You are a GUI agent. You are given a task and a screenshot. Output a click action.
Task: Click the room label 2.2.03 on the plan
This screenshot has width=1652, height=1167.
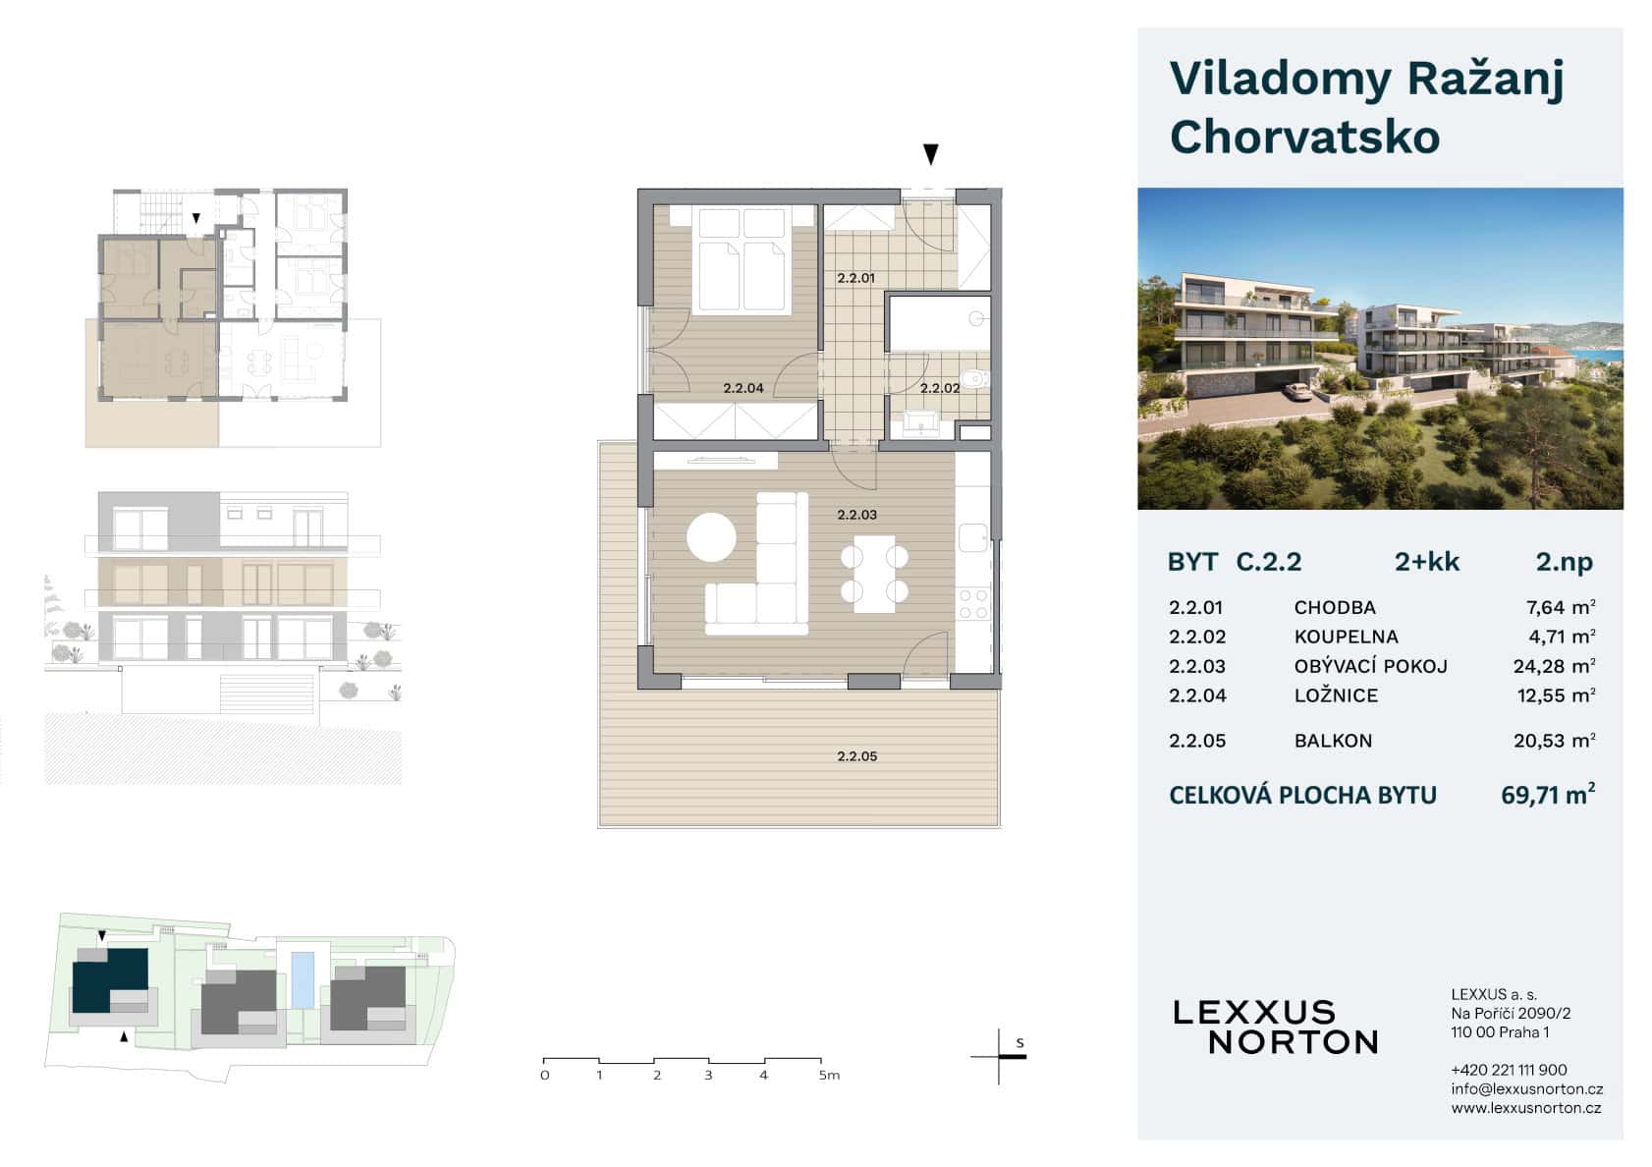coord(856,515)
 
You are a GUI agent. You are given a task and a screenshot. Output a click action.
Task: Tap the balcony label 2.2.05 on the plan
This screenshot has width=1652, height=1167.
coord(856,756)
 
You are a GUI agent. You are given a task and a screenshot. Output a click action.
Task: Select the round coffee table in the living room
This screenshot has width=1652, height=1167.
coord(711,537)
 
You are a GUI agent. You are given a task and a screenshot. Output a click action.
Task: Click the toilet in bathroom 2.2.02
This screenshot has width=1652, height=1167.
coord(975,377)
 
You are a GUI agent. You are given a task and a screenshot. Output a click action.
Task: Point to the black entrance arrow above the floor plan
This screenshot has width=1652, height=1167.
coord(930,154)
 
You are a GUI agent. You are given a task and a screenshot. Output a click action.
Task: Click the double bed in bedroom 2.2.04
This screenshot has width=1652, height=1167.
coord(742,260)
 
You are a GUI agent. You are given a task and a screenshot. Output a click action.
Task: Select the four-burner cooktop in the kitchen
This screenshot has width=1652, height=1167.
coord(973,603)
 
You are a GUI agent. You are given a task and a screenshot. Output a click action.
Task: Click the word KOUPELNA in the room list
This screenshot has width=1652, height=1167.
coord(1346,637)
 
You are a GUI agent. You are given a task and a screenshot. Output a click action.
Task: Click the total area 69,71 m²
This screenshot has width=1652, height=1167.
coord(1547,795)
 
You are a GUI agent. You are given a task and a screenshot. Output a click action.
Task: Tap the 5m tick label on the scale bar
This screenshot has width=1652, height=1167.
coord(829,1076)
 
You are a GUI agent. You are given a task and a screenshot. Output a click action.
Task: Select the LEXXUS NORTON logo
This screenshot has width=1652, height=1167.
coord(1275,1027)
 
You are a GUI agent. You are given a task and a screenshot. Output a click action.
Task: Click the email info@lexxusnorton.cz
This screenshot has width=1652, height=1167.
coord(1526,1088)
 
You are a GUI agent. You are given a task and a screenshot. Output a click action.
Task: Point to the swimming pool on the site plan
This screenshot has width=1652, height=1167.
coord(303,978)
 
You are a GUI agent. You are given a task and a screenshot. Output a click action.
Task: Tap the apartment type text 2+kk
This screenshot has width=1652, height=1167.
coord(1426,562)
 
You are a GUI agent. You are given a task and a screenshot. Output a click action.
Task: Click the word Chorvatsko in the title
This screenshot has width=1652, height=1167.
coord(1304,137)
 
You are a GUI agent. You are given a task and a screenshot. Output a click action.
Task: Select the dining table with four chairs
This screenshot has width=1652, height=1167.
coord(874,574)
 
